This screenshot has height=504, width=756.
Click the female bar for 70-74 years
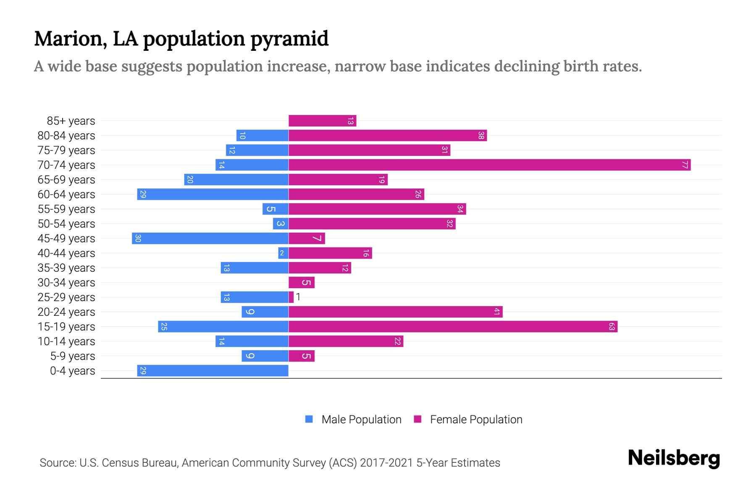tap(489, 165)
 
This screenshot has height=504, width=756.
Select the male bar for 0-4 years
tap(213, 371)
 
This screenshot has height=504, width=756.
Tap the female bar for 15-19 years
tap(453, 327)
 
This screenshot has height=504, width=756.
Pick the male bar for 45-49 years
tap(210, 239)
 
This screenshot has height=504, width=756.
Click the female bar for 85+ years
tap(322, 121)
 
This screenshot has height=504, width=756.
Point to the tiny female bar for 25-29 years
tap(291, 297)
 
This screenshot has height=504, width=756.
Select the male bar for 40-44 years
tap(283, 253)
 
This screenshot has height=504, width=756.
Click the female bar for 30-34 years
tap(301, 283)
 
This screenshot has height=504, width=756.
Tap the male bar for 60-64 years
tap(213, 194)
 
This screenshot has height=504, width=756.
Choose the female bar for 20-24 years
tap(395, 312)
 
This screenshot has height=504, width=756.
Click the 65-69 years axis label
tap(66, 180)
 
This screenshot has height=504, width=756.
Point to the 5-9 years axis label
tap(72, 356)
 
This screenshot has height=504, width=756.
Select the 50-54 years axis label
tap(66, 224)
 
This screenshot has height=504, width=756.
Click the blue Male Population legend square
tap(309, 419)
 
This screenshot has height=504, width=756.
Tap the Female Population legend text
tap(476, 420)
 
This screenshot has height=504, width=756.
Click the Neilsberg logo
tap(674, 458)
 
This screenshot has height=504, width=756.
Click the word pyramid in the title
tap(289, 39)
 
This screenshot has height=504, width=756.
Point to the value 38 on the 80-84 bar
tap(481, 136)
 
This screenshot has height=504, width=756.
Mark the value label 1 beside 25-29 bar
tap(298, 297)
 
